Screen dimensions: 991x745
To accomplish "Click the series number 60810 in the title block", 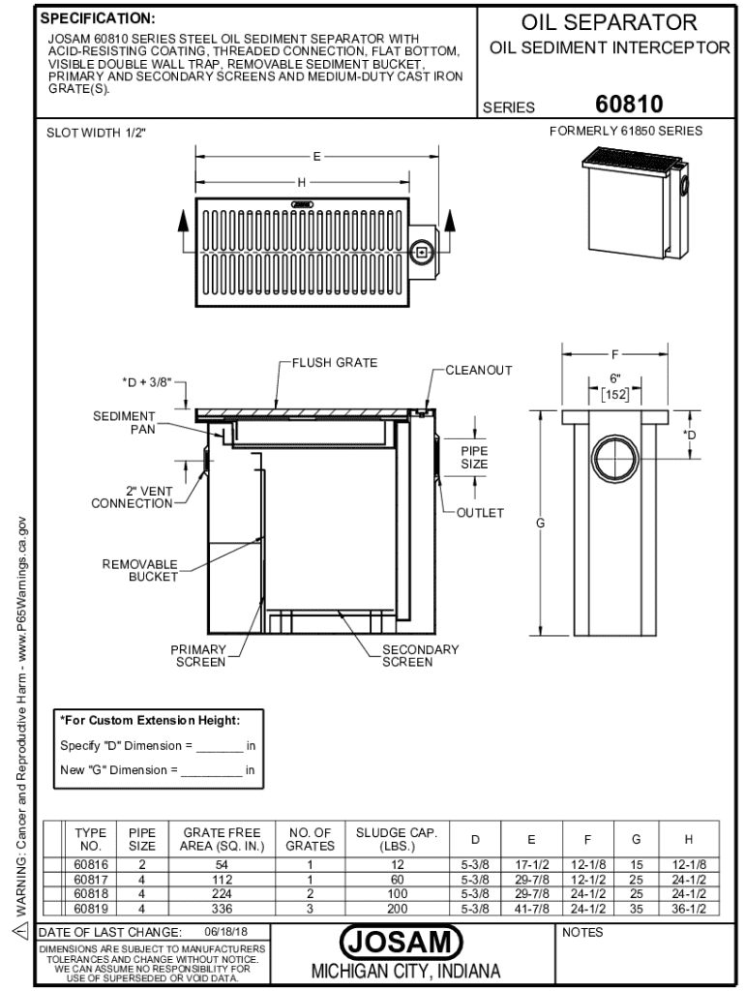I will click(630, 105).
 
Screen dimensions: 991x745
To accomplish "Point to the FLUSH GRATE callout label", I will click(335, 363).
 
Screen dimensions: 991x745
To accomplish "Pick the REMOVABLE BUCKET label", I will click(140, 570).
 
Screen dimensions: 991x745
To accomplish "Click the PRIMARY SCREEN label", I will click(198, 655).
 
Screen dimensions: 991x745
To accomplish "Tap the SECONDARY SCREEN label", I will click(420, 655).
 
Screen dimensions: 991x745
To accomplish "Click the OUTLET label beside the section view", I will click(480, 513).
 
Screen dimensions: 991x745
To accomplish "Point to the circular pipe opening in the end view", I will click(613, 459).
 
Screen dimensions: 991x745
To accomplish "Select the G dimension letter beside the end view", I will click(540, 524).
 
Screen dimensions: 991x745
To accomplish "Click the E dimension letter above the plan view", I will click(316, 156).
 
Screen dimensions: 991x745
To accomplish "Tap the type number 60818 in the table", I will click(90, 895).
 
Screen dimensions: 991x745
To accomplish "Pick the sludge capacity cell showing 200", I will click(397, 909).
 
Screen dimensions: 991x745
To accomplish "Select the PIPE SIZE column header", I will click(142, 838).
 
